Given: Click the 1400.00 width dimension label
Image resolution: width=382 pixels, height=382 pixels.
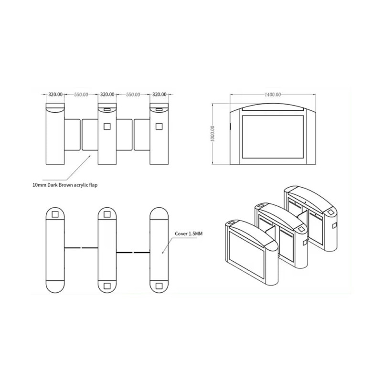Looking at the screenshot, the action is [x=273, y=95].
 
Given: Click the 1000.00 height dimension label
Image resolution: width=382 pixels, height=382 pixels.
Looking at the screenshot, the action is [x=212, y=134].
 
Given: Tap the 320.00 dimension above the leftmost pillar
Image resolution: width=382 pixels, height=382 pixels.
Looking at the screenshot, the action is [x=55, y=94].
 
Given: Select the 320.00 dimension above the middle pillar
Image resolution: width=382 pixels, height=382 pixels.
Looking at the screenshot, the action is [x=107, y=94].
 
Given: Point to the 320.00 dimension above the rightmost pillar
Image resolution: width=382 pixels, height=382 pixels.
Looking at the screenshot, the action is [x=159, y=94].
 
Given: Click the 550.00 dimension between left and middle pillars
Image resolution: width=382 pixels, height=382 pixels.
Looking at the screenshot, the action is [x=81, y=95].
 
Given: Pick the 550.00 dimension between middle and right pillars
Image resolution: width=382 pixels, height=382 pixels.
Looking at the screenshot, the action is [x=133, y=95].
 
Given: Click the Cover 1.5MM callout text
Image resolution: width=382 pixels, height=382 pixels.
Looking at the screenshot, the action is [x=189, y=233].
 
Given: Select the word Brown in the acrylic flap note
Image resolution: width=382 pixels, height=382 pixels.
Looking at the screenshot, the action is [x=65, y=185].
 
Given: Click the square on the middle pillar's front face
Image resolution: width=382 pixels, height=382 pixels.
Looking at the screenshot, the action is [x=107, y=127].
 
